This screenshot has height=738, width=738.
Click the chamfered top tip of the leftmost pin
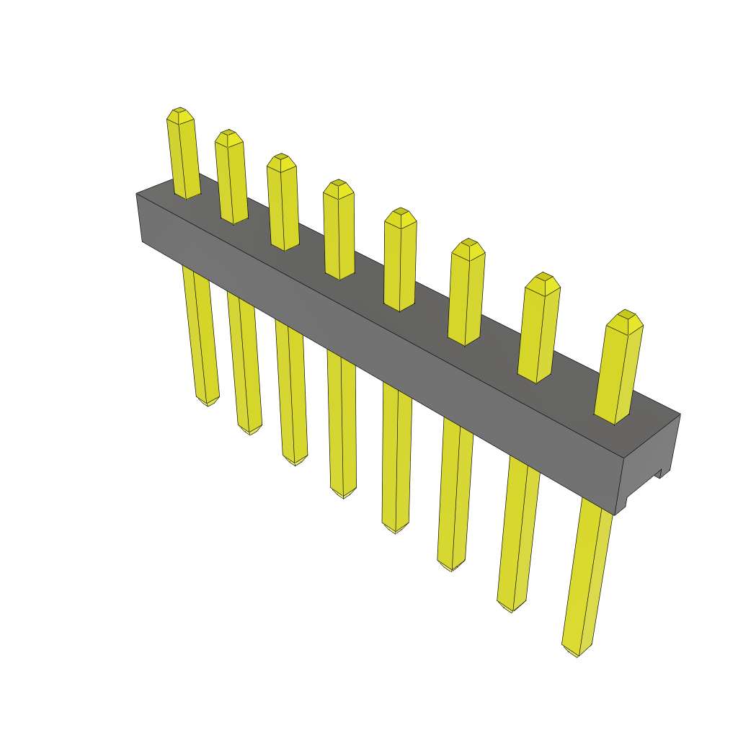[x=180, y=115]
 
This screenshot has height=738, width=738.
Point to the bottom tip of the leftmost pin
[x=208, y=401]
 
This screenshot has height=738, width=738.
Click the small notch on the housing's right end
[x=659, y=474]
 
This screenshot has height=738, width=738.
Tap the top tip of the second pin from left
[x=229, y=137]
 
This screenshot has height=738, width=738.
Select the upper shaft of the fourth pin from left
[x=339, y=234]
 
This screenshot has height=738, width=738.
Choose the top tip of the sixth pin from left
[x=468, y=247]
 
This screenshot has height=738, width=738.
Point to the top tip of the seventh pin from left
[x=542, y=282]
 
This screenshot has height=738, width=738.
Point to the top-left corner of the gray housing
[x=137, y=194]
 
